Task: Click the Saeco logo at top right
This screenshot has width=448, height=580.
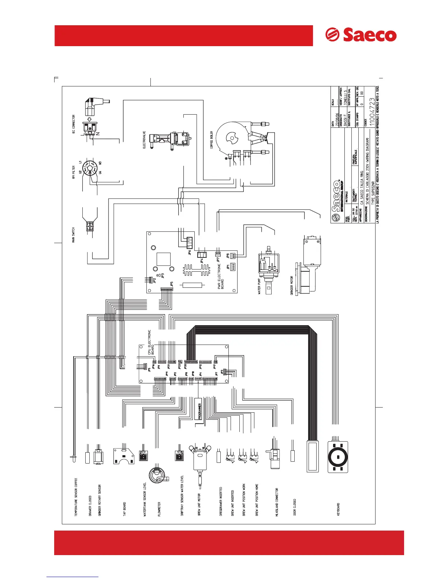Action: pos(361,35)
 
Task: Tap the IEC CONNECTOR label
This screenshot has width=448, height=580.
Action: pos(74,124)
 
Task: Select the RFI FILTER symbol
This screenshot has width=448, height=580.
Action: pos(89,169)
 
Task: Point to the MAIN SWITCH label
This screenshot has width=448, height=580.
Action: pos(74,235)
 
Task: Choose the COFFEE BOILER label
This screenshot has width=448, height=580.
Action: pos(212,140)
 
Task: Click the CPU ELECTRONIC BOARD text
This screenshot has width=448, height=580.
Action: pos(151,342)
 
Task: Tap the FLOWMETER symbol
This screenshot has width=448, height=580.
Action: pos(158,475)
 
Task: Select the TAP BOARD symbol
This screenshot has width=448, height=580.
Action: pos(123,456)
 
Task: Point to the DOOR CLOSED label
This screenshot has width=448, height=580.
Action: pos(295,507)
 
